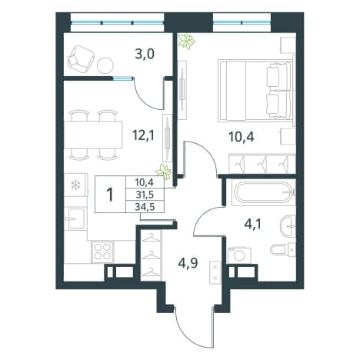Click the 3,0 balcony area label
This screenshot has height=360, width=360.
point(145,55)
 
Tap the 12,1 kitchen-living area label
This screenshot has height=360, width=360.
point(143,135)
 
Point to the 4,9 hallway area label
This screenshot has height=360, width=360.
point(188,263)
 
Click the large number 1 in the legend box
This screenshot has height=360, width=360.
point(110,195)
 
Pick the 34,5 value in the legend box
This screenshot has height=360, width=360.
point(145,206)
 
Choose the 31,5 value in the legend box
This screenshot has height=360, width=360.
point(145,195)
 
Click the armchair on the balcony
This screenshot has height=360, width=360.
point(81,59)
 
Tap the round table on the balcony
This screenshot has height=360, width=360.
point(105,65)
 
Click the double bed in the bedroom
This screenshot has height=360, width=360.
point(255,90)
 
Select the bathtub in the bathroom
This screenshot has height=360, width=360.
point(264,192)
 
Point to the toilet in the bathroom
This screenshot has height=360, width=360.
point(283,248)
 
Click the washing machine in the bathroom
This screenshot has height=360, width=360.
point(240,255)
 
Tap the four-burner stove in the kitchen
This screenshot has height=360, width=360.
point(103,252)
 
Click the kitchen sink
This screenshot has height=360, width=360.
point(75,218)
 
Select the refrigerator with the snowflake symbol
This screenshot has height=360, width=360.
point(75,185)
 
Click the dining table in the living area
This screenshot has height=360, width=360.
point(93,135)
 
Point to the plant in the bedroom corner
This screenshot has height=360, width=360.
point(187,41)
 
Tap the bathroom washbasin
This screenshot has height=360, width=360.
point(288,226)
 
